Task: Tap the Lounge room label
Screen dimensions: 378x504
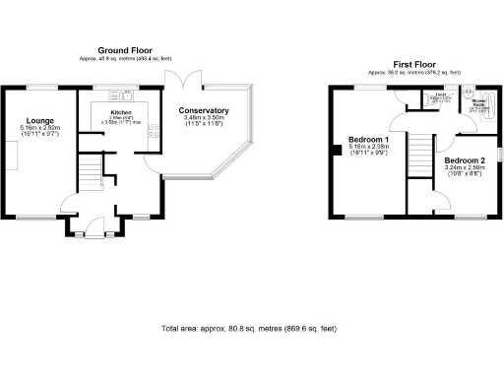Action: (x=39, y=119)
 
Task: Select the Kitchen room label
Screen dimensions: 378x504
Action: (x=120, y=113)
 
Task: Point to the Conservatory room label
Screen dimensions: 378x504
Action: (x=205, y=111)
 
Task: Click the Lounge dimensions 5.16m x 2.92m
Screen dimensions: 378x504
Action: (x=39, y=128)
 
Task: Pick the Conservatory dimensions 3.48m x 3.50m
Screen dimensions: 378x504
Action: (x=205, y=119)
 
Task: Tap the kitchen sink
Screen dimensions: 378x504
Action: (x=123, y=95)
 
